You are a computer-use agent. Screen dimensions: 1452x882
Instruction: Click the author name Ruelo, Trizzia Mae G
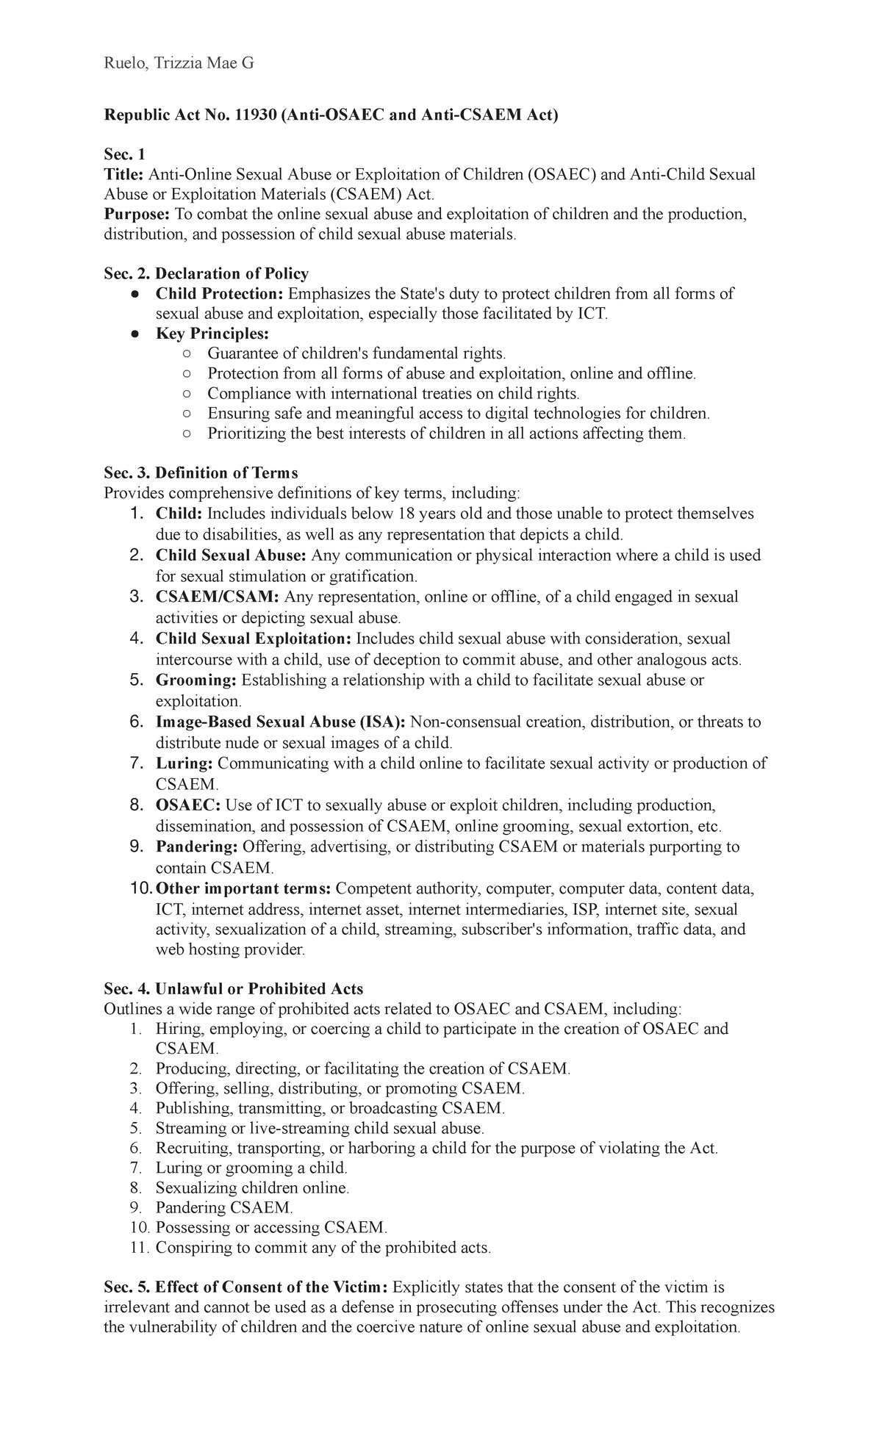179,64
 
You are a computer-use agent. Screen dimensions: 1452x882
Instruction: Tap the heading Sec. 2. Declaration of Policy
206,273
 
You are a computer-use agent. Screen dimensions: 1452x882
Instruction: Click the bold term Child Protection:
219,294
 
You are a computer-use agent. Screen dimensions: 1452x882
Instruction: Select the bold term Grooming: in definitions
196,680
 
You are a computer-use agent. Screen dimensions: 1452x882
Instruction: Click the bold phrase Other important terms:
243,888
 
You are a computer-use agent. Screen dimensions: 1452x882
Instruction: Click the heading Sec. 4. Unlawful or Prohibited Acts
233,988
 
